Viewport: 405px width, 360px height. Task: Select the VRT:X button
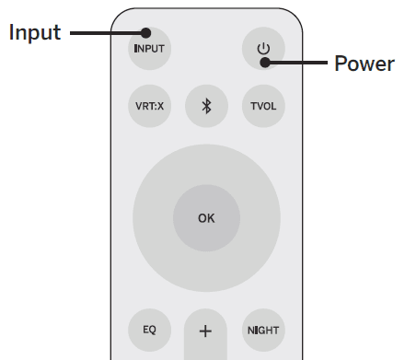click(x=149, y=105)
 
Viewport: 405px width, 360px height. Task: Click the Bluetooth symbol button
click(x=206, y=105)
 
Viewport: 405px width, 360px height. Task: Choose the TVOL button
click(x=263, y=105)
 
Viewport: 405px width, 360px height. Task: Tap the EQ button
click(x=149, y=329)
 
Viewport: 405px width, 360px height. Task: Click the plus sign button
click(x=205, y=330)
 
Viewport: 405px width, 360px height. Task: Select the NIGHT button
click(x=263, y=329)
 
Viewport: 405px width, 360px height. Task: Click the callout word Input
click(x=35, y=33)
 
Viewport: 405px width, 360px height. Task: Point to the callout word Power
click(x=364, y=64)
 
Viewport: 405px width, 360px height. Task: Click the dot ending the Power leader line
click(x=263, y=63)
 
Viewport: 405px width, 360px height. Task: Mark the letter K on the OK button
click(x=211, y=218)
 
